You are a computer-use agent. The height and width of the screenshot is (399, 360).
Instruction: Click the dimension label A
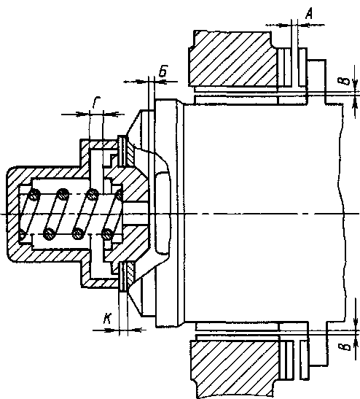click(x=308, y=13)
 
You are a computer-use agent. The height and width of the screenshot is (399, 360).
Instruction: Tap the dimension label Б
click(x=163, y=71)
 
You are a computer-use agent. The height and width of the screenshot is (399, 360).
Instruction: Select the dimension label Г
click(x=96, y=102)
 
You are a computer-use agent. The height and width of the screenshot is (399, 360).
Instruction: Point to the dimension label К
click(x=107, y=319)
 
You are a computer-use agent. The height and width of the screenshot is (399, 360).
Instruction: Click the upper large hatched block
click(x=232, y=58)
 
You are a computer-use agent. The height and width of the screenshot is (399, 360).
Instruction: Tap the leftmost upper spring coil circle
click(x=34, y=195)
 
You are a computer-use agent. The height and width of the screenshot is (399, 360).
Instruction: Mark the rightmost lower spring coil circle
click(x=107, y=233)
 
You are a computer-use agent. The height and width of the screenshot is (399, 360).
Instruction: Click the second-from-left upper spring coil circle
click(x=63, y=195)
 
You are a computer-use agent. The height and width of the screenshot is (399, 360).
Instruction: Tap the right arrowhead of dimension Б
click(x=160, y=82)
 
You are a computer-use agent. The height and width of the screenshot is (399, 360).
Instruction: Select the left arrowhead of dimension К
click(x=113, y=330)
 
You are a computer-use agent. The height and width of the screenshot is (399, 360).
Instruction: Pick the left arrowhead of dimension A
click(x=285, y=26)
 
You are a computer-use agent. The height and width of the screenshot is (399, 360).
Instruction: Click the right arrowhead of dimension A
click(x=304, y=25)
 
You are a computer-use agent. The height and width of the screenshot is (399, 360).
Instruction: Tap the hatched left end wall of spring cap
click(x=13, y=214)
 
